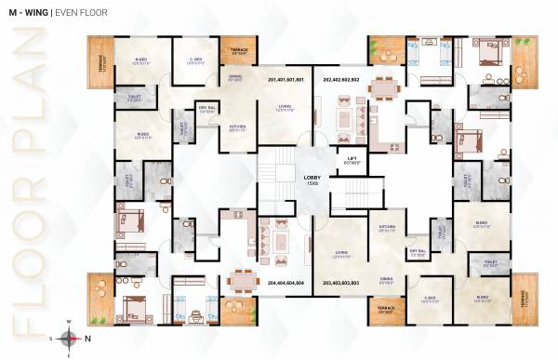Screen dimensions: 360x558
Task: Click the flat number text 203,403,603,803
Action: [x=340, y=282]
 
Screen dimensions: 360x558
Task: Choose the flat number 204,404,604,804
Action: [x=286, y=282]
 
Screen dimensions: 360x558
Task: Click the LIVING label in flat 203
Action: [x=341, y=251]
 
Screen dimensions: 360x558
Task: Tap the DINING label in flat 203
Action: [x=385, y=277]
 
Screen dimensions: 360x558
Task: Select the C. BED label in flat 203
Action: [x=429, y=299]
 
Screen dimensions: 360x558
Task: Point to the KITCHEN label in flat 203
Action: [x=387, y=226]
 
